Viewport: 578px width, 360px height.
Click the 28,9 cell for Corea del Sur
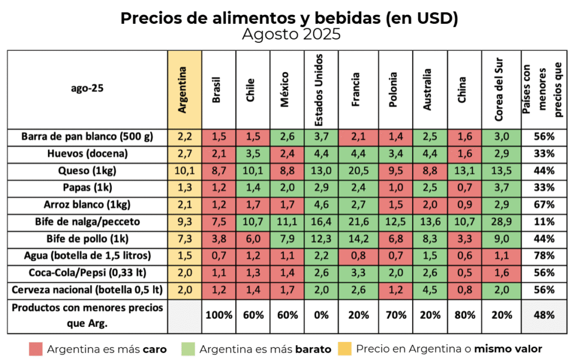click(x=498, y=222)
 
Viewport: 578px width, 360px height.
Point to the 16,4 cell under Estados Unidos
click(x=320, y=222)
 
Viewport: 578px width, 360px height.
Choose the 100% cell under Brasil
click(x=220, y=315)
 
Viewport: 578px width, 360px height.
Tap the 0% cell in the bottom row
click(x=320, y=315)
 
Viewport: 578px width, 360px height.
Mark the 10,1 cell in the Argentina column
click(x=185, y=170)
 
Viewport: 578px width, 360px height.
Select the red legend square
click(x=36, y=349)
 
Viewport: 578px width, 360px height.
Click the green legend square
click(x=188, y=349)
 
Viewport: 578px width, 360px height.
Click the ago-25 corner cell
click(x=87, y=89)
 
